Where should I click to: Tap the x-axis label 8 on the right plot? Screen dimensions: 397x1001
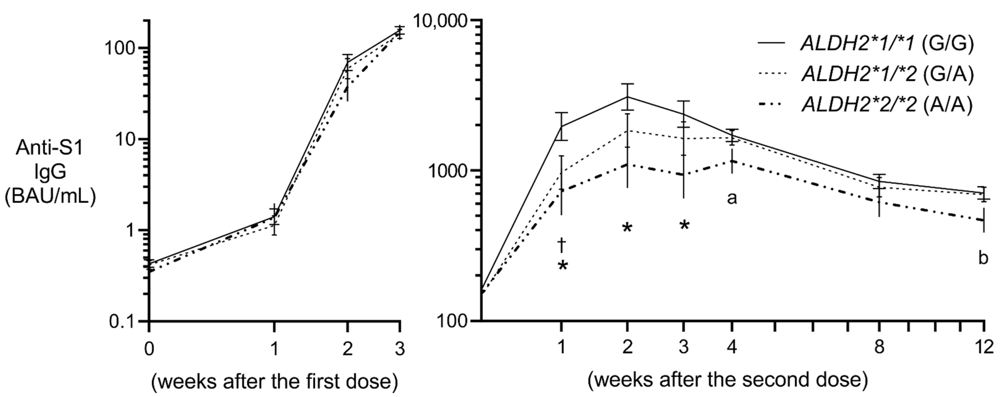pyautogui.click(x=879, y=346)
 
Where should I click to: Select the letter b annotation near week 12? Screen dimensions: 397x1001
pyautogui.click(x=983, y=257)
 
